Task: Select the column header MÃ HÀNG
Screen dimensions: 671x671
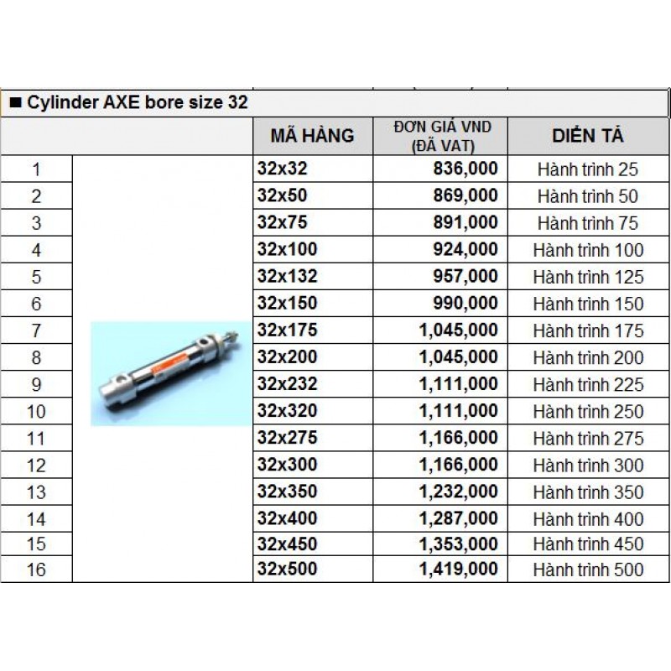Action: click(x=312, y=136)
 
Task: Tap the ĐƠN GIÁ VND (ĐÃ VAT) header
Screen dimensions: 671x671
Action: click(x=443, y=136)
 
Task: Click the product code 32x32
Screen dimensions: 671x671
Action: click(x=283, y=169)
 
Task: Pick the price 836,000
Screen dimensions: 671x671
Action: click(x=466, y=169)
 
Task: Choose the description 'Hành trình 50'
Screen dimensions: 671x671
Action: click(x=588, y=196)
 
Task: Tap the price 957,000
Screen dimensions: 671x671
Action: click(x=466, y=276)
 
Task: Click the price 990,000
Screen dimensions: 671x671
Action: click(x=466, y=303)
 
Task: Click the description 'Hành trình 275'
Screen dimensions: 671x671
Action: click(x=588, y=438)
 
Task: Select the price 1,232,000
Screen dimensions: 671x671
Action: click(x=459, y=492)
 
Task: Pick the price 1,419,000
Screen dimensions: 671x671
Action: click(x=459, y=570)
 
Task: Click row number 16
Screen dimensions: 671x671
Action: click(x=36, y=570)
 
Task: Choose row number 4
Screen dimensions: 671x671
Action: click(x=36, y=250)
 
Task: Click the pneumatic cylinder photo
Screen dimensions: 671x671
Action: click(x=169, y=373)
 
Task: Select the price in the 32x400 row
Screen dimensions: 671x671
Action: click(x=459, y=518)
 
